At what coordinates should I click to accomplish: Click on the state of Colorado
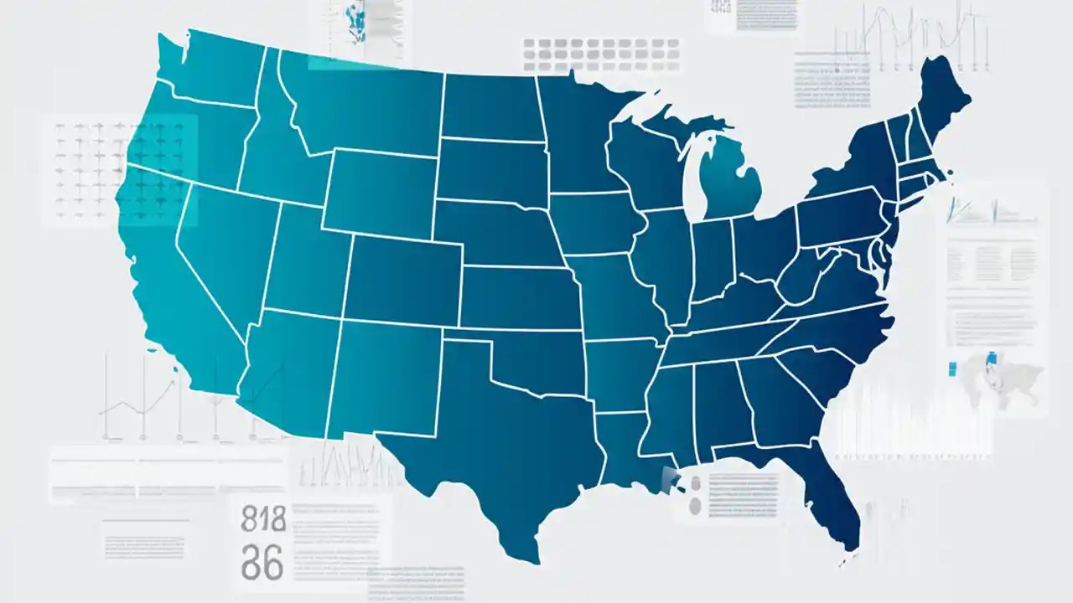pos(402,272)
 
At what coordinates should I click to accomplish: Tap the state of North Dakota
pos(490,105)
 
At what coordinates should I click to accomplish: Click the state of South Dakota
pos(490,167)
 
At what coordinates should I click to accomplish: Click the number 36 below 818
pos(262,564)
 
